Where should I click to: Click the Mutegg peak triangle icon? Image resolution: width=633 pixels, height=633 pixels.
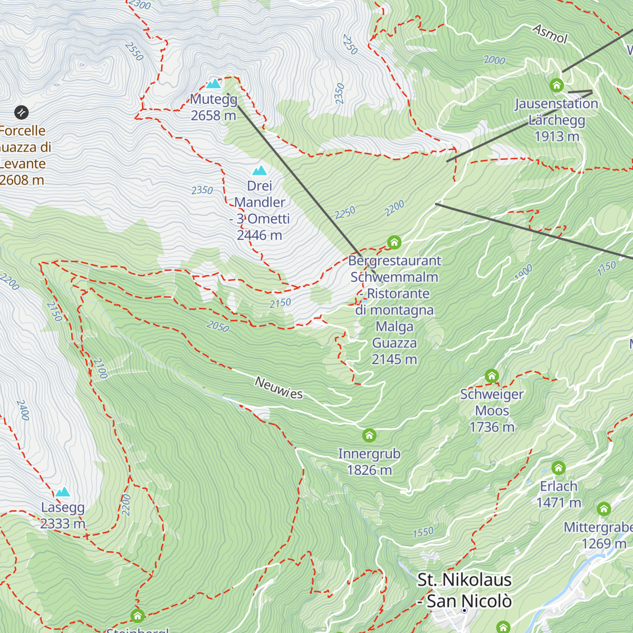pos(214,83)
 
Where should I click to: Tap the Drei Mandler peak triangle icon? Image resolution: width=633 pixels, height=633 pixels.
pos(259,170)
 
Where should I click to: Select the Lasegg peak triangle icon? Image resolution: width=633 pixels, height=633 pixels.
pos(63,492)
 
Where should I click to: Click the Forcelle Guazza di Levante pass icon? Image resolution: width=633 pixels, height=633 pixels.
pos(21,112)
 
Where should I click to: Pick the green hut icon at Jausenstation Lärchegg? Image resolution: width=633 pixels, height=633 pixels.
pos(557,85)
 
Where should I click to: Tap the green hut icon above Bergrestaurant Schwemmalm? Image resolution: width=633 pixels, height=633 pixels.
pos(394,243)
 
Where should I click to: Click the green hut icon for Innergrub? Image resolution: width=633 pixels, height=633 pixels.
pos(369,435)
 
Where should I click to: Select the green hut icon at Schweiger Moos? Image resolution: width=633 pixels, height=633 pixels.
pos(492,376)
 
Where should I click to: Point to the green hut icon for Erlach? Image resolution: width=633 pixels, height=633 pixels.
pos(559,468)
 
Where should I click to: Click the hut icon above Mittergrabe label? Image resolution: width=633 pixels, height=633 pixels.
pos(604,509)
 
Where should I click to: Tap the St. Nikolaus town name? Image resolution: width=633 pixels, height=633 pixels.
pos(464,580)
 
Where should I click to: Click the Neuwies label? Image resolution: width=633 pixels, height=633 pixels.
pos(279,388)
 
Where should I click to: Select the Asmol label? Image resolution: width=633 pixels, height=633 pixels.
pos(550,34)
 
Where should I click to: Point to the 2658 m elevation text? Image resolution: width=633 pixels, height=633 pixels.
pos(213,116)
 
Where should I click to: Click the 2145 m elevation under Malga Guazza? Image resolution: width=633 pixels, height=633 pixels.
pos(394,359)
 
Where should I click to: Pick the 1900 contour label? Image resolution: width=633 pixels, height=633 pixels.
pos(523,272)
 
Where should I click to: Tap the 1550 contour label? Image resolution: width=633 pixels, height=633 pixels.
pos(423,532)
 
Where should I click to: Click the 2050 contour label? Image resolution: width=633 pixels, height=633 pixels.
pos(218,327)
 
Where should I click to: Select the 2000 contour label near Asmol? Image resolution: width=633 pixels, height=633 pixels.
pos(494,60)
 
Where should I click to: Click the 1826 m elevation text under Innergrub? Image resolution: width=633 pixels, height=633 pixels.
pos(369,470)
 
